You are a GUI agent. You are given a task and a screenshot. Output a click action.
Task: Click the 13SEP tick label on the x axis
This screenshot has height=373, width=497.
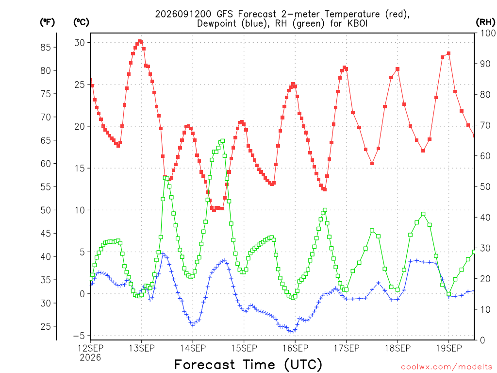point(142,348)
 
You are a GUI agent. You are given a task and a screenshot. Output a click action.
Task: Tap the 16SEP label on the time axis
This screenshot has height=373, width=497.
point(295,348)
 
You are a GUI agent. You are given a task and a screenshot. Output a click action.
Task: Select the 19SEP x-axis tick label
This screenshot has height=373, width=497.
point(449,348)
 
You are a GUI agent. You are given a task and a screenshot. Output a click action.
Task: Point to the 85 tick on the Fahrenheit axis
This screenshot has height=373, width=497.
point(46,47)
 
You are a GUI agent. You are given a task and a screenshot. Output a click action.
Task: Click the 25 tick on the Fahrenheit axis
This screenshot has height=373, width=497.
point(46,326)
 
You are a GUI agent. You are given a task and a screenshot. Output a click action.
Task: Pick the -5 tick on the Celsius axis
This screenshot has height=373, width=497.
point(79,336)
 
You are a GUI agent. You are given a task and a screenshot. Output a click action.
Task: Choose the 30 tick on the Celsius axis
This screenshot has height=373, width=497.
point(80,43)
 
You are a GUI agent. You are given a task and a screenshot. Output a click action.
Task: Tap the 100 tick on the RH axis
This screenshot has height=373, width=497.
point(488,33)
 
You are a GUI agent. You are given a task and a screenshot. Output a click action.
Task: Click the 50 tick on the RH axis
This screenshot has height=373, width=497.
point(485,186)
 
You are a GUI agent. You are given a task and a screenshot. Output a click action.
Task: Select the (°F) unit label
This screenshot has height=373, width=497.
point(47,22)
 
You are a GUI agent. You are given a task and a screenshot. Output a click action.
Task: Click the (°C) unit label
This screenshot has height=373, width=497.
point(81,22)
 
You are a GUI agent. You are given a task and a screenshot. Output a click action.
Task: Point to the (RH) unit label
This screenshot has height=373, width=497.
point(485,22)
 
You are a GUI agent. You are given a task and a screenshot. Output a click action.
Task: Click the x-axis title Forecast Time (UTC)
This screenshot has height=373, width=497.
point(248,365)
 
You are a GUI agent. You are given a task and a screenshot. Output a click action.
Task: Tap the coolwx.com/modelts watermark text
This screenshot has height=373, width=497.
point(447,367)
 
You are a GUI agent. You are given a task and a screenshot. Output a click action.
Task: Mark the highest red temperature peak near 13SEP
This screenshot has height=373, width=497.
point(140,41)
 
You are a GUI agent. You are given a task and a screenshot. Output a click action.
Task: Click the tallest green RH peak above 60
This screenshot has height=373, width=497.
point(222,141)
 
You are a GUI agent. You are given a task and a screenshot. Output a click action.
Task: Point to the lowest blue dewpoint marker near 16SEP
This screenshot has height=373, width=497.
point(292,332)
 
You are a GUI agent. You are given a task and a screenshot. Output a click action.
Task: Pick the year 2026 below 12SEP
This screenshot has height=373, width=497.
point(90,357)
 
